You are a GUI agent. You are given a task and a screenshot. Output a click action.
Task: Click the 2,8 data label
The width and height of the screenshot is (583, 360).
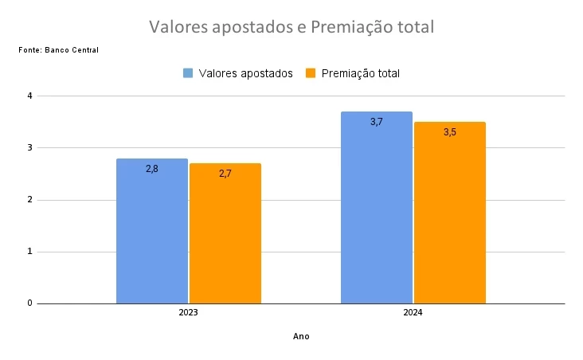152,169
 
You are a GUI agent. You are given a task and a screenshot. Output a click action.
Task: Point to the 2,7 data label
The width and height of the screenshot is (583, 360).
225,173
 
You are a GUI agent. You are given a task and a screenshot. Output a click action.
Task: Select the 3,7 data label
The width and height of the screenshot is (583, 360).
377,122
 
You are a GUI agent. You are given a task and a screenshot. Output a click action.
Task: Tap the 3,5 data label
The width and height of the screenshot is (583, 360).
450,132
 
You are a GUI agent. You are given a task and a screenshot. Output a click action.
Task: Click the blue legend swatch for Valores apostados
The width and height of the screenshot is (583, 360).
189,73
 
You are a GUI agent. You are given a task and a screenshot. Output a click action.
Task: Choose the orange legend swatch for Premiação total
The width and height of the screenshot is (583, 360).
311,73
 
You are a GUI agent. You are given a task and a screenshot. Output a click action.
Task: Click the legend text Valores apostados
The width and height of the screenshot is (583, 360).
246,73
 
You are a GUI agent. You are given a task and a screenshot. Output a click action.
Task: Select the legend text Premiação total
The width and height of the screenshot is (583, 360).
361,73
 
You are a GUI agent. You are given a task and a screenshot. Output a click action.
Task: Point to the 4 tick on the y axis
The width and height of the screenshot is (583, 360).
29,96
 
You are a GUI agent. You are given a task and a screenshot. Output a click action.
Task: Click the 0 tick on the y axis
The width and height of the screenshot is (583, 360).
29,303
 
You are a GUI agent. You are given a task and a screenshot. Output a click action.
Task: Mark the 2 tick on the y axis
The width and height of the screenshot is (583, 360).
29,200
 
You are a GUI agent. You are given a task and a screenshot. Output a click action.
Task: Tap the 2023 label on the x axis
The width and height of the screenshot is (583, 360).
189,313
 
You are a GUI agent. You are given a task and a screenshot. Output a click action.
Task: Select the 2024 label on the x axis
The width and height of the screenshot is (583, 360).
413,313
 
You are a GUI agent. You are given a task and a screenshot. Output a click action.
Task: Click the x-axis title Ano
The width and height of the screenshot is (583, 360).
301,336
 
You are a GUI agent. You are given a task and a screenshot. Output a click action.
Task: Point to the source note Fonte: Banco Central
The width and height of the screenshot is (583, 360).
58,50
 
